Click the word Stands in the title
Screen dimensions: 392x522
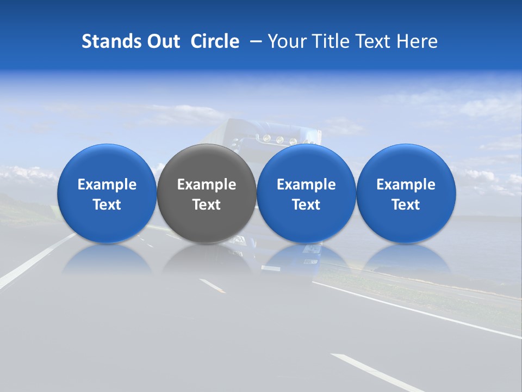111,41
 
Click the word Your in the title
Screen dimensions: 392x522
287,41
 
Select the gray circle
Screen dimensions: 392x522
206,163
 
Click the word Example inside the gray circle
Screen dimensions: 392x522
207,185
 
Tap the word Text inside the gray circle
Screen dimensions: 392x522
207,205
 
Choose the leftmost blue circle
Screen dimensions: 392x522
107,163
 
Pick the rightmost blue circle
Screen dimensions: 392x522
406,163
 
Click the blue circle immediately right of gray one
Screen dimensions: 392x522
306,163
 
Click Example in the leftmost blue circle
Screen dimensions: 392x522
107,185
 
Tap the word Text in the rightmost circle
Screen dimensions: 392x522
406,205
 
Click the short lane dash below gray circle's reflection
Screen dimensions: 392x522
213,286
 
